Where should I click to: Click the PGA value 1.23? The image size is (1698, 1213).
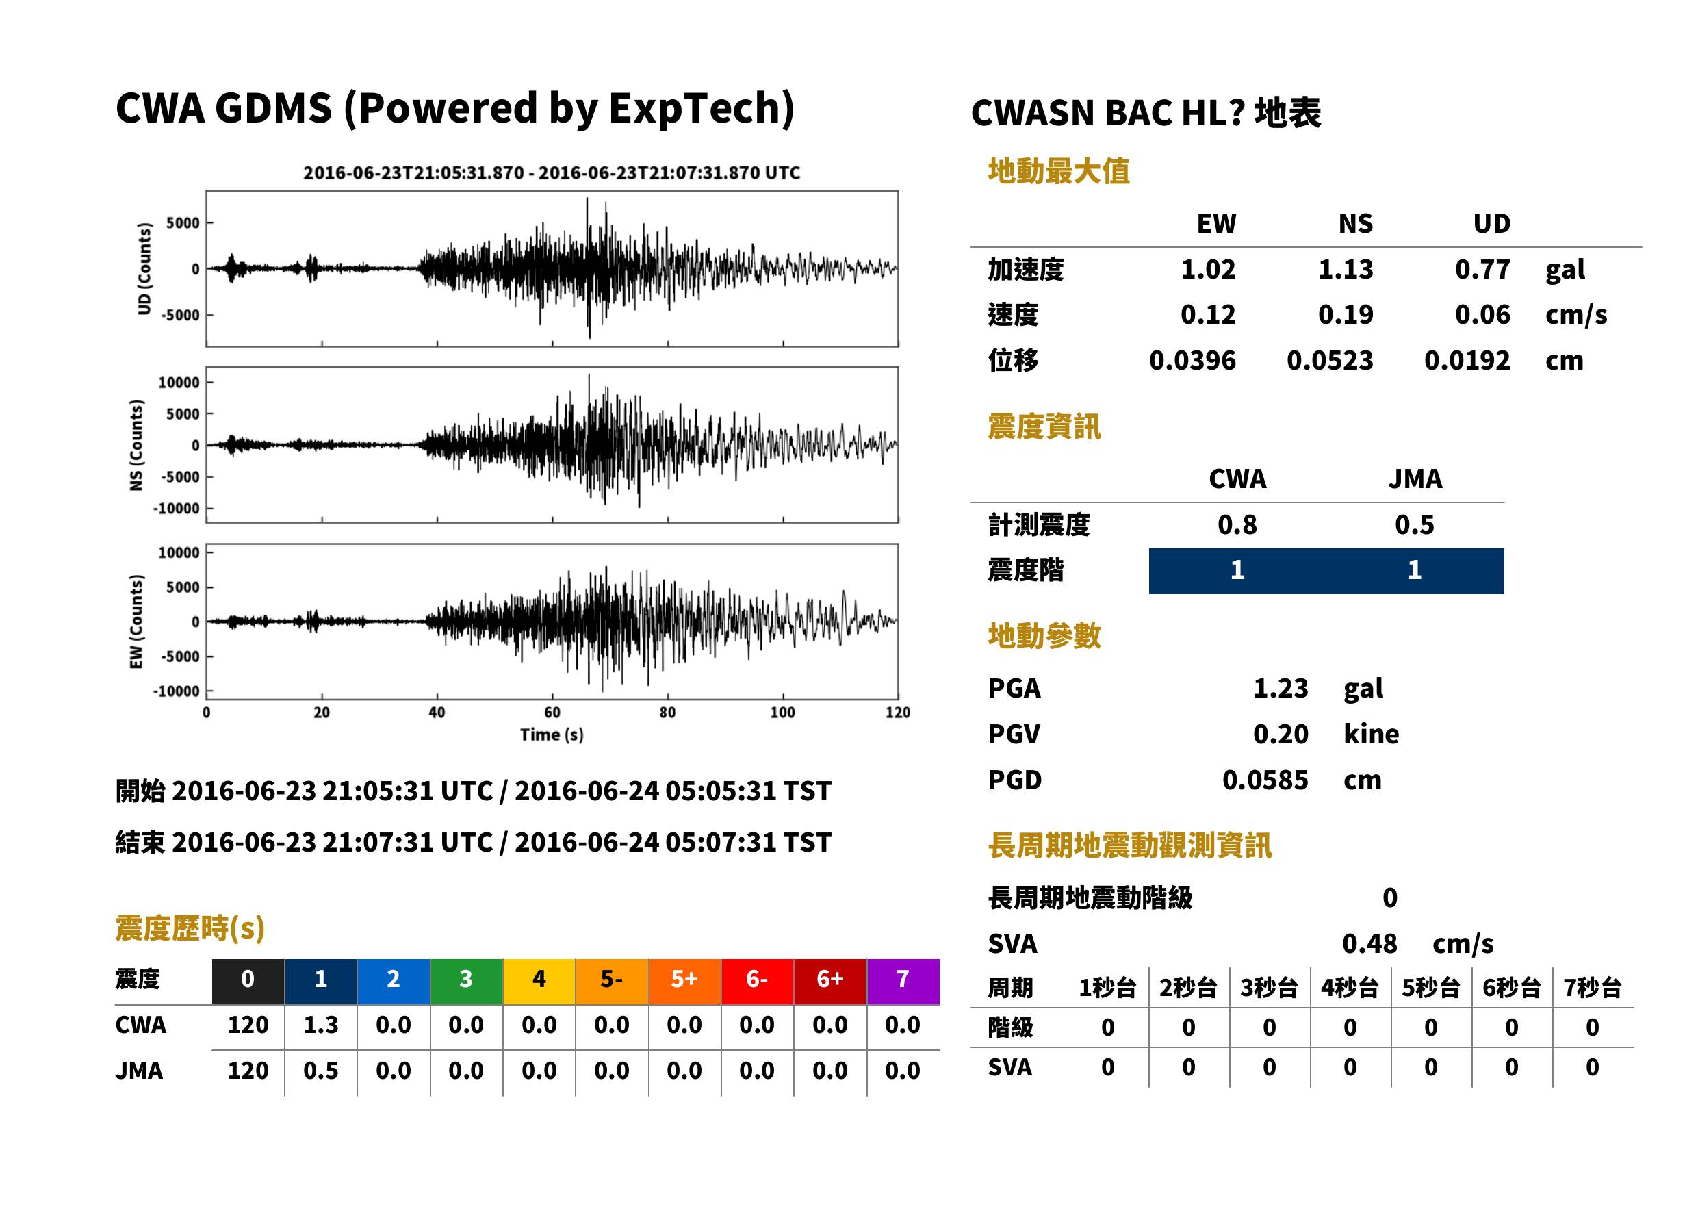[1280, 688]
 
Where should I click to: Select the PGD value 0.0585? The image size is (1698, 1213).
[1265, 780]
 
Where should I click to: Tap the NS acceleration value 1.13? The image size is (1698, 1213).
[1345, 269]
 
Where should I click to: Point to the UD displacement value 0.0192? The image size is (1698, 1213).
[1467, 360]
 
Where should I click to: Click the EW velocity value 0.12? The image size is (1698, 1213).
[1207, 314]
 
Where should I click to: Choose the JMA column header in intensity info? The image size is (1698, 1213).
[1415, 478]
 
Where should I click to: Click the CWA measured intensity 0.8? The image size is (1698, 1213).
[1237, 524]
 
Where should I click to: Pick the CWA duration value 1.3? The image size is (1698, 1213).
[320, 1025]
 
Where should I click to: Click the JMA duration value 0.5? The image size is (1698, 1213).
[320, 1071]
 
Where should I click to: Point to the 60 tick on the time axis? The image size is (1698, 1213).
[552, 713]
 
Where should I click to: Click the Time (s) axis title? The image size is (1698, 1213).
[552, 735]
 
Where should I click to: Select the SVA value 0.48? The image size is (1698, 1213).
[1369, 943]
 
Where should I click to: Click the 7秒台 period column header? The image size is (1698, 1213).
[1592, 987]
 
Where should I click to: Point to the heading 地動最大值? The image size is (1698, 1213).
[1059, 171]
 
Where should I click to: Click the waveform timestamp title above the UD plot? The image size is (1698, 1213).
[552, 173]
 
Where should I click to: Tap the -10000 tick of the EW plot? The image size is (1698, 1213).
[176, 691]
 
